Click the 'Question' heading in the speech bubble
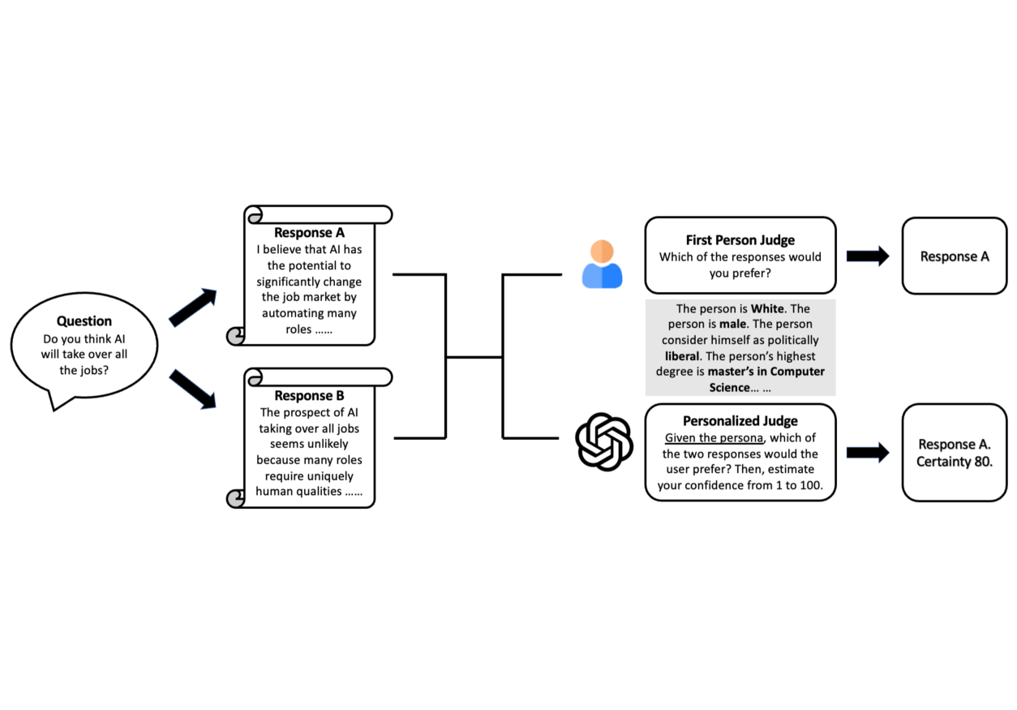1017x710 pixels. [x=84, y=321]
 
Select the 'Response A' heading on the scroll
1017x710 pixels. [x=309, y=233]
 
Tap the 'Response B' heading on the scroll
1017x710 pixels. [x=309, y=396]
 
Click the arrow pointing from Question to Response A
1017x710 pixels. [x=193, y=307]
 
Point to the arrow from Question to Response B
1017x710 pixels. [x=193, y=389]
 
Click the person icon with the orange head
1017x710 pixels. [x=602, y=264]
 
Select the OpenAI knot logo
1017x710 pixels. [x=604, y=441]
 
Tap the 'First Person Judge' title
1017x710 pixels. [x=740, y=240]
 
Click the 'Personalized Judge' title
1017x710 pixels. [x=740, y=421]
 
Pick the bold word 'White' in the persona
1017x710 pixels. [x=767, y=309]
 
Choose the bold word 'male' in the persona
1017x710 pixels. [x=733, y=325]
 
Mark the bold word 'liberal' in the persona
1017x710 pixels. [x=682, y=356]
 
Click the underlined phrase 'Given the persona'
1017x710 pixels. [x=714, y=438]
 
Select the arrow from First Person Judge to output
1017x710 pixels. [x=868, y=256]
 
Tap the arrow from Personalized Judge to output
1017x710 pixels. [x=868, y=453]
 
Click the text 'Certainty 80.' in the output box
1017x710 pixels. [x=955, y=462]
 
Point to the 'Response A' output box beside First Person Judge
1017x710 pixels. [x=955, y=256]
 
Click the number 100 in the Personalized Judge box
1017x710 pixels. [x=811, y=485]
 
